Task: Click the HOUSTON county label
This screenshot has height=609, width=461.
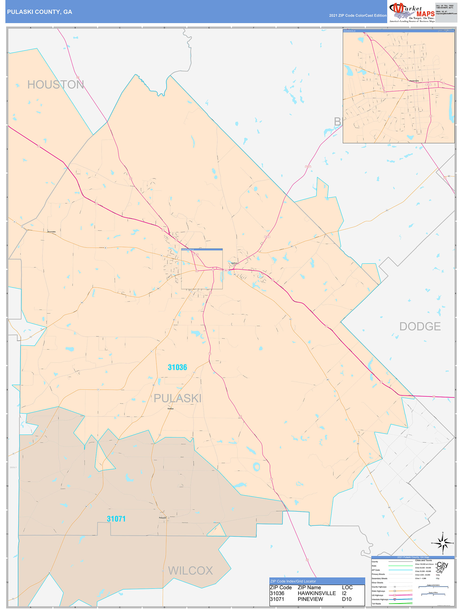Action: pyautogui.click(x=55, y=85)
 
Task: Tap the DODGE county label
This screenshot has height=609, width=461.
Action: pyautogui.click(x=420, y=327)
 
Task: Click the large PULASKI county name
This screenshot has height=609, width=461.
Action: pyautogui.click(x=177, y=398)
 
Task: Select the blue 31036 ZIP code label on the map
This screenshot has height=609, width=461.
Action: pyautogui.click(x=177, y=367)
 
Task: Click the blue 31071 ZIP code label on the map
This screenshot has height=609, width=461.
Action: pyautogui.click(x=116, y=519)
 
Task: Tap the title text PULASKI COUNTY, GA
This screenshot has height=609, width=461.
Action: pyautogui.click(x=40, y=12)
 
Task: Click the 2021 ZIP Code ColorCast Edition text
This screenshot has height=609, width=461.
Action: pyautogui.click(x=358, y=16)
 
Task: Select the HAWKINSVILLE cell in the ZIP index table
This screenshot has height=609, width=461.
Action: pyautogui.click(x=316, y=593)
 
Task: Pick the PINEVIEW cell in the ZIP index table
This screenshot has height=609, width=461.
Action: pyautogui.click(x=310, y=599)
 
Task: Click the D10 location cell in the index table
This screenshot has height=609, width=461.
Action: pyautogui.click(x=347, y=599)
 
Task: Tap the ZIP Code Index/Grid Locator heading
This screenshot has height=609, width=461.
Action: pyautogui.click(x=293, y=581)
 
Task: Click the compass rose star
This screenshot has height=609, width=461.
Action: pyautogui.click(x=443, y=543)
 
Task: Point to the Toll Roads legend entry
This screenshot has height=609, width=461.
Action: pyautogui.click(x=376, y=603)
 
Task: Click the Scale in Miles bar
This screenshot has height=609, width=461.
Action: pyautogui.click(x=433, y=594)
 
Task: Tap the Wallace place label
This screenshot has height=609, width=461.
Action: pyautogui.click(x=170, y=409)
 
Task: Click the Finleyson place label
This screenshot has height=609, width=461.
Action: pyautogui.click(x=162, y=518)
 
